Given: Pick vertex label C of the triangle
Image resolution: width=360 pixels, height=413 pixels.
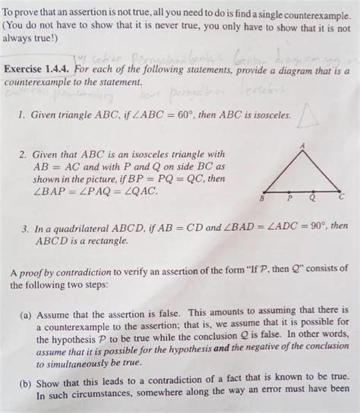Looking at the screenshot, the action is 341,196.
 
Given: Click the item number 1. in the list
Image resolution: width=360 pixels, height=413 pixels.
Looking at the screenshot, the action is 26,118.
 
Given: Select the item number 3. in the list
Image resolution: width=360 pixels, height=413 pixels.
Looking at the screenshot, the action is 26,225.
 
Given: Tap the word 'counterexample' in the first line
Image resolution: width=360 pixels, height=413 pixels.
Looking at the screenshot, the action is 304,6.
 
